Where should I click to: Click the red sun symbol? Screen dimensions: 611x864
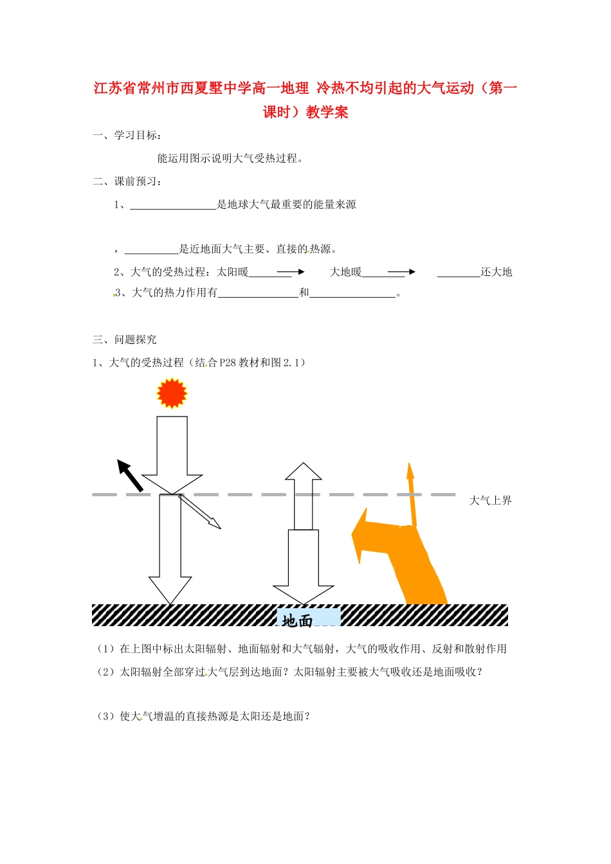coord(172,393)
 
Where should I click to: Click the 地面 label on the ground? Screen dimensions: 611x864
coord(298,620)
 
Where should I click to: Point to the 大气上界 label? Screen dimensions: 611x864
coord(490,501)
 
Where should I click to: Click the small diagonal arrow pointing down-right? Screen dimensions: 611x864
coord(200,512)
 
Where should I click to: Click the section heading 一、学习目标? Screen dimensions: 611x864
coord(127,135)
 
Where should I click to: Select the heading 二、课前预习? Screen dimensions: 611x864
coord(127,181)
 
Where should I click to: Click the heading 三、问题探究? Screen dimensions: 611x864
coord(125,339)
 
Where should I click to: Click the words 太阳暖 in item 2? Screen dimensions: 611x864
coord(233,272)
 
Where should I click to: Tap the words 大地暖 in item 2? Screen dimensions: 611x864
coord(346,272)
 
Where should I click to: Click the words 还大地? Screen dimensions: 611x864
coord(497,272)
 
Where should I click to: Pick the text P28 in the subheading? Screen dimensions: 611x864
coord(228,363)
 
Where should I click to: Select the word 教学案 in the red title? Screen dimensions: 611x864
coord(327,113)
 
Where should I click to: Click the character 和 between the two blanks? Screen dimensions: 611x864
coord(304,293)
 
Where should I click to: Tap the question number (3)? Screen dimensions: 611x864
coord(106,716)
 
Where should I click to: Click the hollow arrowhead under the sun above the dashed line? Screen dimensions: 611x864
coord(172,483)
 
